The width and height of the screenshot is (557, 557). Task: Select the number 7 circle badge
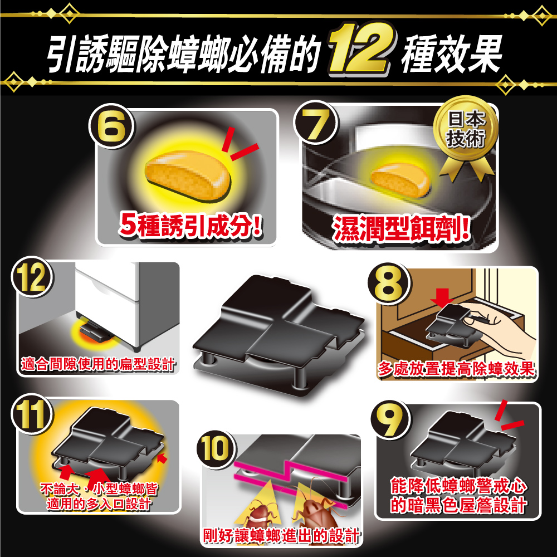pos(316,128)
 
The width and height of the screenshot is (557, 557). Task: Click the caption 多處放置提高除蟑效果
pos(456,369)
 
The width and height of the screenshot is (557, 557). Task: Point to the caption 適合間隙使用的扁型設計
pos(97,364)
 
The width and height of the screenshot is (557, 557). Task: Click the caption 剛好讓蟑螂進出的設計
pos(280,536)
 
